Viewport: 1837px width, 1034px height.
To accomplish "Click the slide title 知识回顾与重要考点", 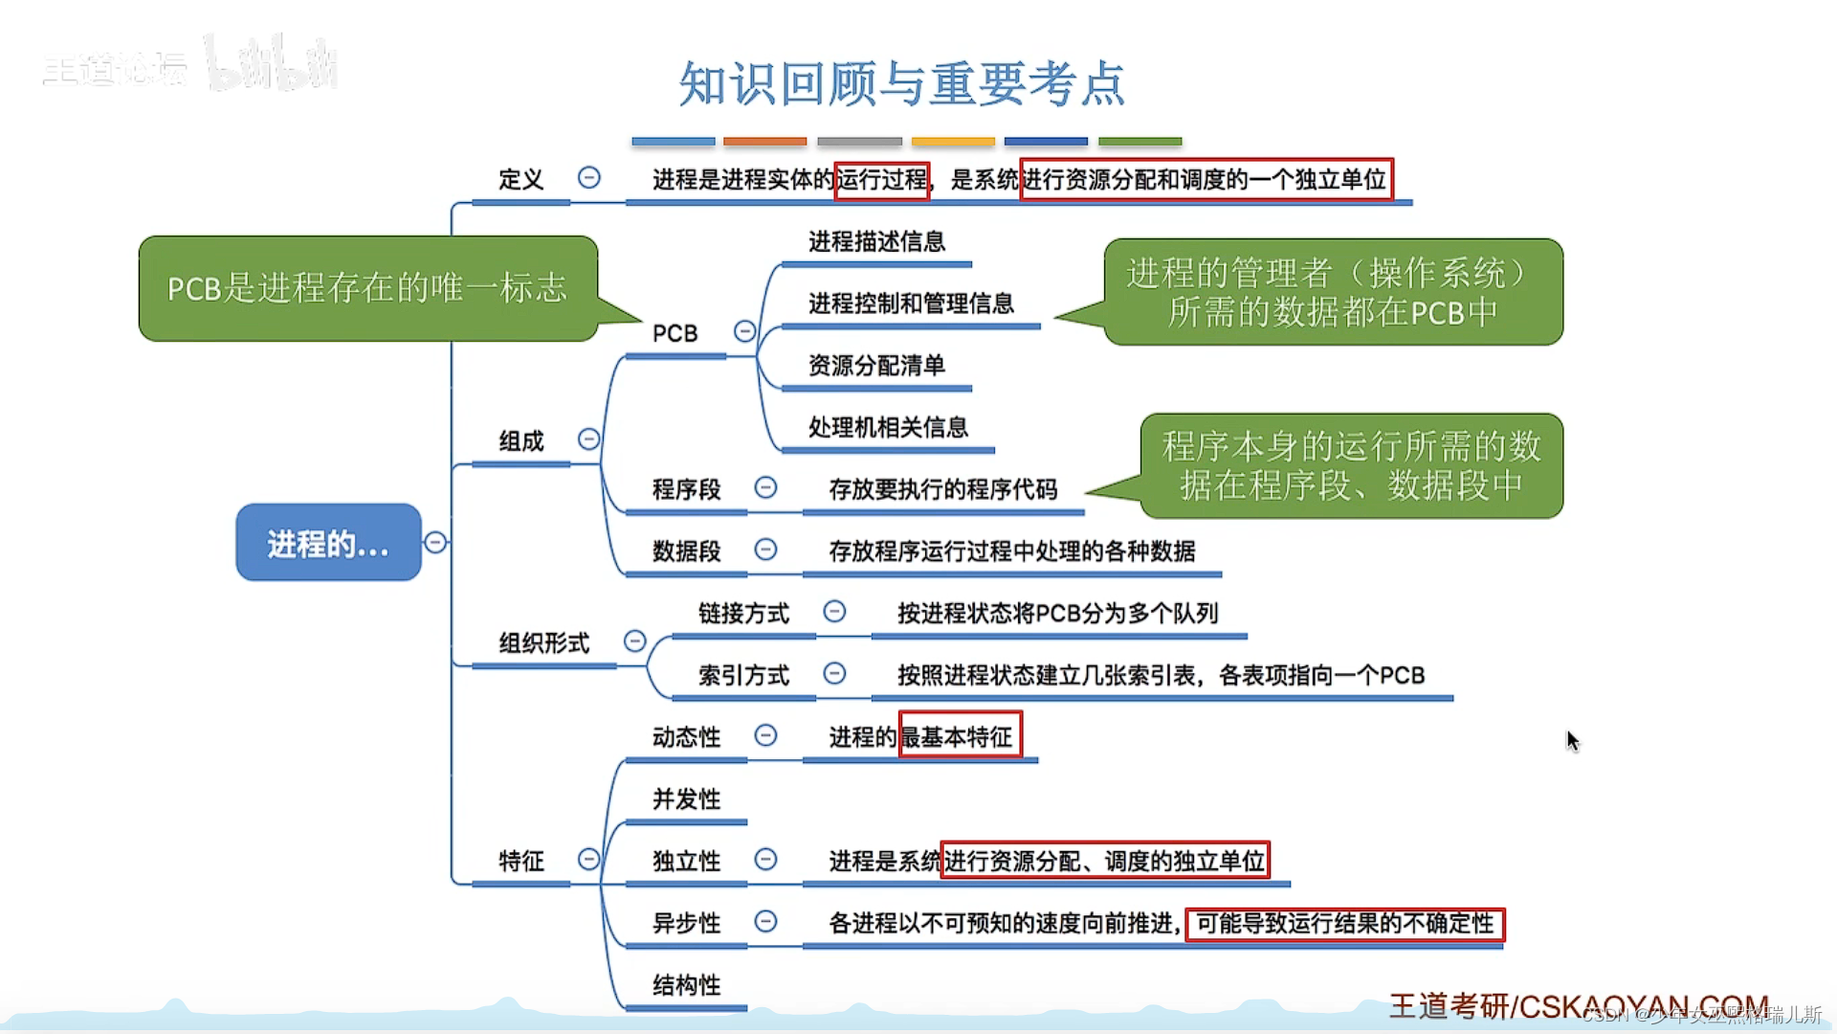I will [x=901, y=84].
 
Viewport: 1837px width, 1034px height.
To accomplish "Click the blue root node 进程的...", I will [x=328, y=543].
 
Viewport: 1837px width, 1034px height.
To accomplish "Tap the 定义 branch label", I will [x=520, y=179].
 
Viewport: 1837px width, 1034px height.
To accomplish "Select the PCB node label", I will [x=675, y=333].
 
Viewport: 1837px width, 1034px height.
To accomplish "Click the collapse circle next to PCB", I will [x=744, y=331].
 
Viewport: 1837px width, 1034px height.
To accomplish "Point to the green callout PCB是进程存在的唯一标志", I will [x=367, y=288].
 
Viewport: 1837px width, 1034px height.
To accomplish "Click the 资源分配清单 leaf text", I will [x=876, y=365].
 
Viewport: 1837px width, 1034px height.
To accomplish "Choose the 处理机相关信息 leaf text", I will [x=888, y=427].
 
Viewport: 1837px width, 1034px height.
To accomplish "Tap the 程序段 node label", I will [x=686, y=489].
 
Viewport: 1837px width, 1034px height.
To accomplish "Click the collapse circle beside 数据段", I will [x=765, y=550].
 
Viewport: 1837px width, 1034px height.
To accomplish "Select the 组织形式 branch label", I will [x=544, y=642].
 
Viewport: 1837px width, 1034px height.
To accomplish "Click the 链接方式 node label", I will [x=743, y=613].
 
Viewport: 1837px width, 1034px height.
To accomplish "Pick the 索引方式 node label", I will [x=743, y=675].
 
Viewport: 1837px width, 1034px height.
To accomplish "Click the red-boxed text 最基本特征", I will [x=960, y=736].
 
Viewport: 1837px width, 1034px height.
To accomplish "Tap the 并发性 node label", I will [x=686, y=798].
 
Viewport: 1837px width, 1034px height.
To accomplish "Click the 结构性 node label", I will [x=686, y=984].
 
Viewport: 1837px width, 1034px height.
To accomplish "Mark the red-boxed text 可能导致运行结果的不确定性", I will [x=1344, y=923].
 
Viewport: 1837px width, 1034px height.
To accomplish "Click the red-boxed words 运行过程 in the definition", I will [x=882, y=179].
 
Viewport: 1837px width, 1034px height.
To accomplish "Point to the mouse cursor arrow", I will [x=1572, y=740].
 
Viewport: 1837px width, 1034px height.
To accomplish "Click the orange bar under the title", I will [x=764, y=142].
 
